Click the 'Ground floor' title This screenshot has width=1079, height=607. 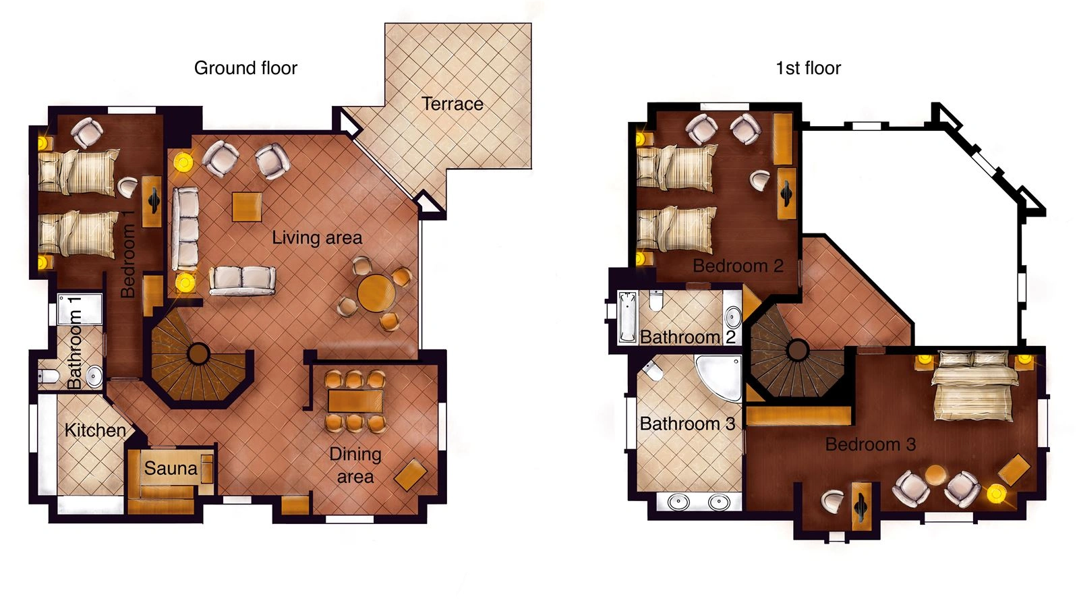[245, 68]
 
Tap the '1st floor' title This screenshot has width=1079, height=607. [808, 68]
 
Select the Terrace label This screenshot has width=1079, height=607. [452, 104]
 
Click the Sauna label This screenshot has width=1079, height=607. [171, 468]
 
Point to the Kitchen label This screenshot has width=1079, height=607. [95, 430]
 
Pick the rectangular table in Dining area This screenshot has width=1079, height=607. [355, 401]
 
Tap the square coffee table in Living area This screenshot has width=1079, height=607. [247, 206]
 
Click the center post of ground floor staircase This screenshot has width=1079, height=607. [198, 353]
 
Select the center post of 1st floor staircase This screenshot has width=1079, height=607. [797, 350]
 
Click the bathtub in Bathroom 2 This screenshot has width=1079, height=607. [627, 316]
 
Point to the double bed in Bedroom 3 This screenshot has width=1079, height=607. [973, 386]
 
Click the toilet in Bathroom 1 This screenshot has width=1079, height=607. [49, 376]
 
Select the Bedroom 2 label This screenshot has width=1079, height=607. [738, 266]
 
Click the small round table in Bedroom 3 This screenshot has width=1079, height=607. [935, 475]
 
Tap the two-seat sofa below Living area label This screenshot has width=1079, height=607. [242, 281]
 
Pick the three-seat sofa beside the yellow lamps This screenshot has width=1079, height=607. [185, 229]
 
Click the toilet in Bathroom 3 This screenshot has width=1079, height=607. [653, 371]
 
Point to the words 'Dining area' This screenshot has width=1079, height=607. [355, 465]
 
